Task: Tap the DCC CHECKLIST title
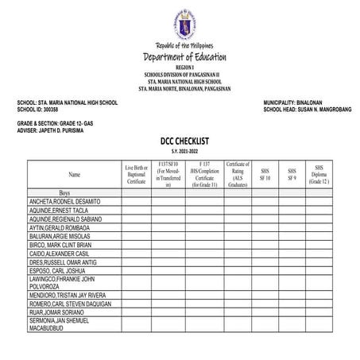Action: [x=183, y=140]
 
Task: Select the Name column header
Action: [x=74, y=173]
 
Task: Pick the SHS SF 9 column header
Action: [x=292, y=172]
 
